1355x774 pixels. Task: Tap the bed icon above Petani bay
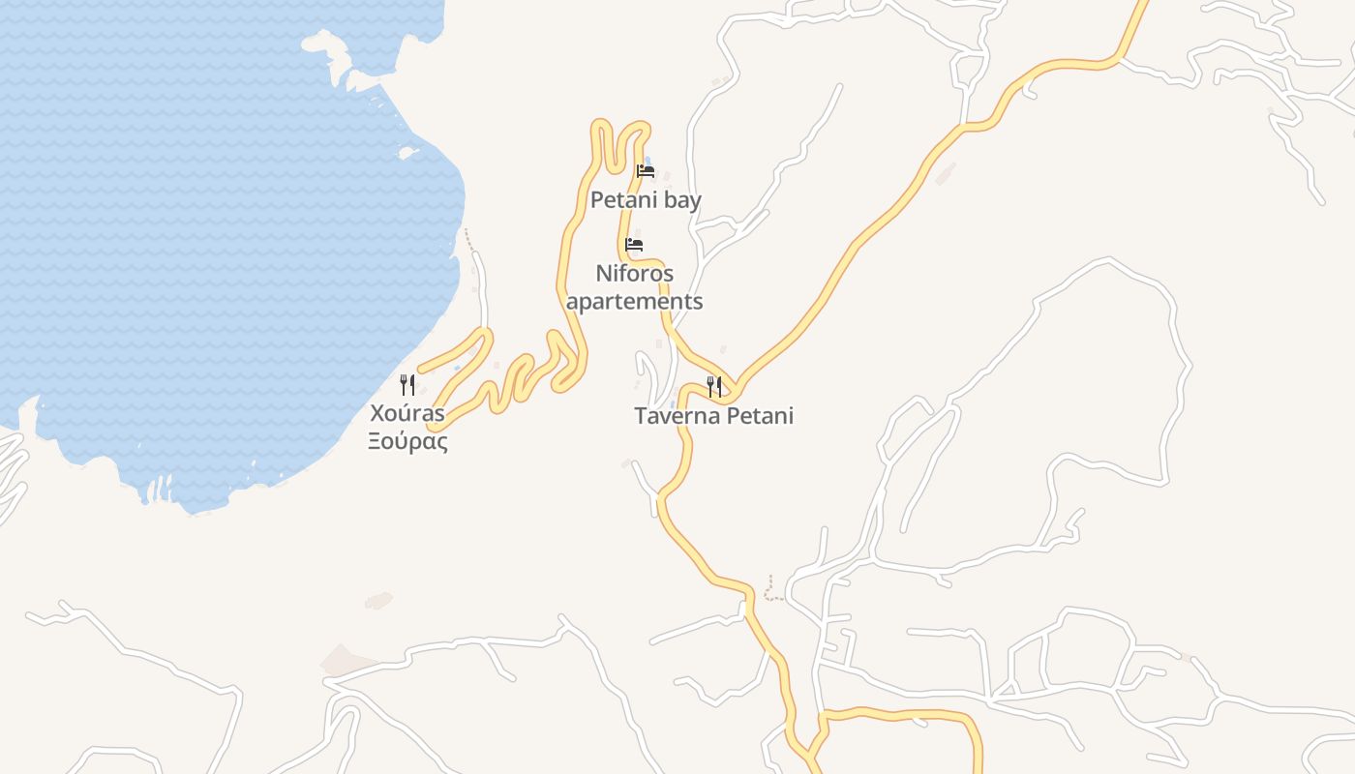tap(646, 171)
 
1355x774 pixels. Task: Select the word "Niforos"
tap(634, 273)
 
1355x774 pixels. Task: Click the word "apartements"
tap(634, 301)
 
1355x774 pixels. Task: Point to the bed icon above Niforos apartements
tap(634, 244)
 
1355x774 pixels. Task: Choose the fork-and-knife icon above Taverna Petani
tap(714, 387)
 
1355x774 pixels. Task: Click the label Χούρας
tap(407, 414)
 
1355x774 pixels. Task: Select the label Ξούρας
tap(407, 442)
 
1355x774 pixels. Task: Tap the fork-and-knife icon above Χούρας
tap(407, 385)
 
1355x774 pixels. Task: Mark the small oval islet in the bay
tap(407, 153)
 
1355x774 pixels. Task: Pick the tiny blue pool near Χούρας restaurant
tap(457, 369)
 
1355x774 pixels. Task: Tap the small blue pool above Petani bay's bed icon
tap(647, 160)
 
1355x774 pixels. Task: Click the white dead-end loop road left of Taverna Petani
tap(642, 368)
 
